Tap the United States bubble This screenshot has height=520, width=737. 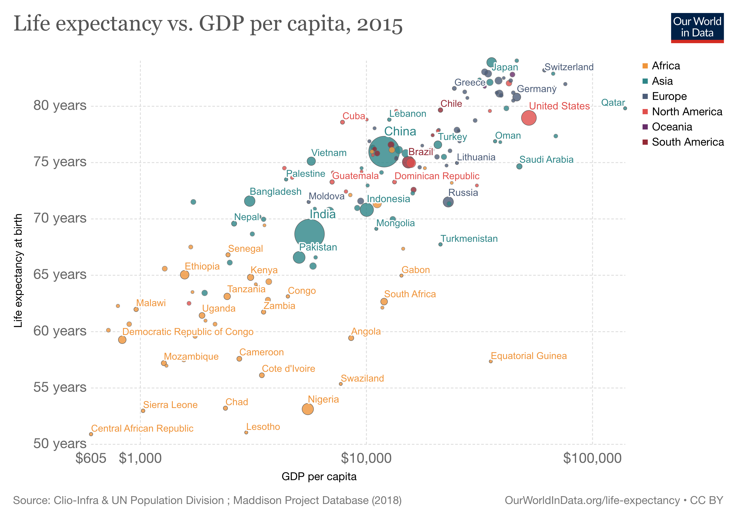click(529, 118)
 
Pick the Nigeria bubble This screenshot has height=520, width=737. click(308, 409)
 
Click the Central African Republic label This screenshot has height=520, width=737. click(142, 428)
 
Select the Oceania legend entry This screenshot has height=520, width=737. click(672, 127)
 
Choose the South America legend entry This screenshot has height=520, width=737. click(687, 142)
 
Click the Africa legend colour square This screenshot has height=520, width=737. click(645, 66)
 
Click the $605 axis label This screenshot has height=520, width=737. click(91, 458)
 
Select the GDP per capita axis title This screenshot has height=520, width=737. click(319, 477)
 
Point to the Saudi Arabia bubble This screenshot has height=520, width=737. click(519, 166)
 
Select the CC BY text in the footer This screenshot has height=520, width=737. click(706, 500)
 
